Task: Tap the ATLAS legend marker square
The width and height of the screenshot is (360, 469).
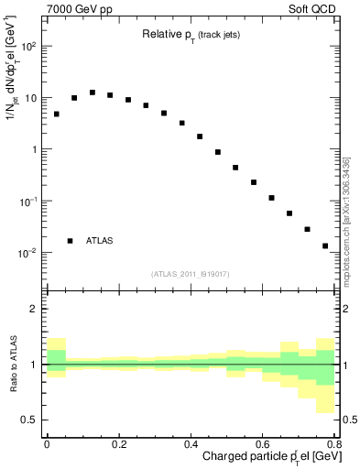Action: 71,241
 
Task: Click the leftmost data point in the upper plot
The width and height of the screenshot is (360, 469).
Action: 56,115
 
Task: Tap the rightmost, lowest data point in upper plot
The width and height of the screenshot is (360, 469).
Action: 325,245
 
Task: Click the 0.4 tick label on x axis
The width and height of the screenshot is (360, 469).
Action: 191,444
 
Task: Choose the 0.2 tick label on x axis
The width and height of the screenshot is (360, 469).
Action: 118,444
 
